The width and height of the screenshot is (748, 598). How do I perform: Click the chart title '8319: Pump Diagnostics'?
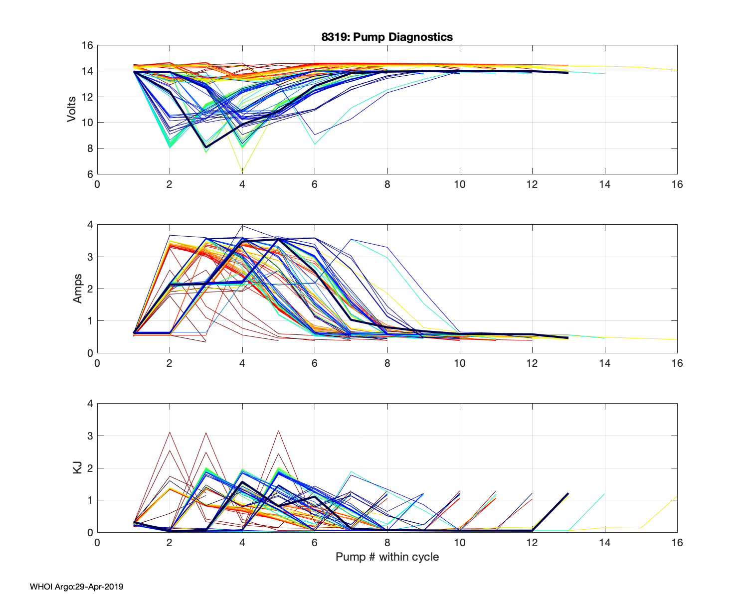pos(387,37)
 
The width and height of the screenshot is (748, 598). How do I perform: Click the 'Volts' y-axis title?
pos(72,110)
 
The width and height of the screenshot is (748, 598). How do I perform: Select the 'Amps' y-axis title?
pos(77,289)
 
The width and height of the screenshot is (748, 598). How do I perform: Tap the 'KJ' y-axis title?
pos(77,467)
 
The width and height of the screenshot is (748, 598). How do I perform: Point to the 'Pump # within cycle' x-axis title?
pos(387,557)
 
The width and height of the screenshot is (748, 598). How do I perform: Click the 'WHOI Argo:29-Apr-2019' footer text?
pos(76,587)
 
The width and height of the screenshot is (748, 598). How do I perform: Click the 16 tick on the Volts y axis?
pos(87,45)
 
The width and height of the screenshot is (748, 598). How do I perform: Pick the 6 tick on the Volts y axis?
pos(90,174)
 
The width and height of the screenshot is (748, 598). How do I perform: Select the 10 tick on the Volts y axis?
pos(87,123)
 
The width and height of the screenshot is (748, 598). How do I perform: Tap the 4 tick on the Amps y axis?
pos(90,225)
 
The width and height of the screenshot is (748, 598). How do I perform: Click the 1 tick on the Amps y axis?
pos(90,321)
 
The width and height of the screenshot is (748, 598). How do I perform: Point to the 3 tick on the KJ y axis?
pos(90,436)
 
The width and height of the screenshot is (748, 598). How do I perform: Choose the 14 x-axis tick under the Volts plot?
pos(604,184)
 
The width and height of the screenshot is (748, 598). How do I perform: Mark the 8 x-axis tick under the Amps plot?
pos(387,363)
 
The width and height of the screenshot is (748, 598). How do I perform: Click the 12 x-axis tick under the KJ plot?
pos(532,543)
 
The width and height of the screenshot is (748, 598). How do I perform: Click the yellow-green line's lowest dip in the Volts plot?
pos(242,171)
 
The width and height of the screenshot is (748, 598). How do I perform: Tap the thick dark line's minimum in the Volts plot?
pos(206,147)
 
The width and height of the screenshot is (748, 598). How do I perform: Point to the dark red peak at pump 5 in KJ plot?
pos(278,431)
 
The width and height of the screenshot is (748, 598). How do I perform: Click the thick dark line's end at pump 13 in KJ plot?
pos(568,493)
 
